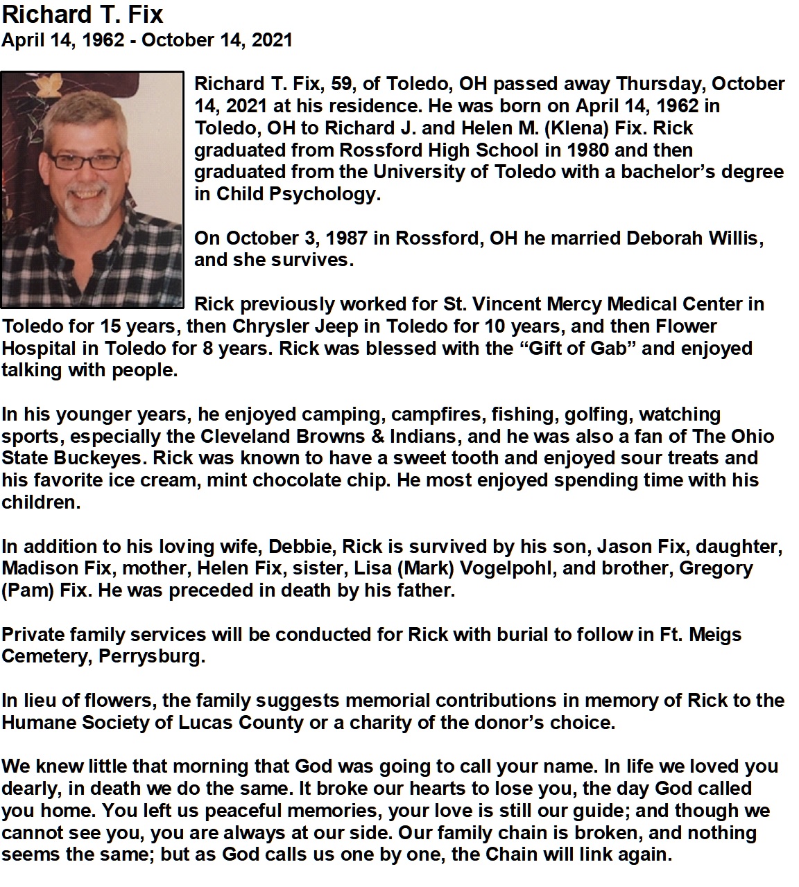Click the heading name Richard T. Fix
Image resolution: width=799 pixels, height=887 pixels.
(x=83, y=14)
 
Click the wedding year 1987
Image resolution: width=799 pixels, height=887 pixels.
(x=339, y=238)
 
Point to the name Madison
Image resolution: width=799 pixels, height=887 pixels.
(x=40, y=569)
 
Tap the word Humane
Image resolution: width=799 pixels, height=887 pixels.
(x=40, y=723)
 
